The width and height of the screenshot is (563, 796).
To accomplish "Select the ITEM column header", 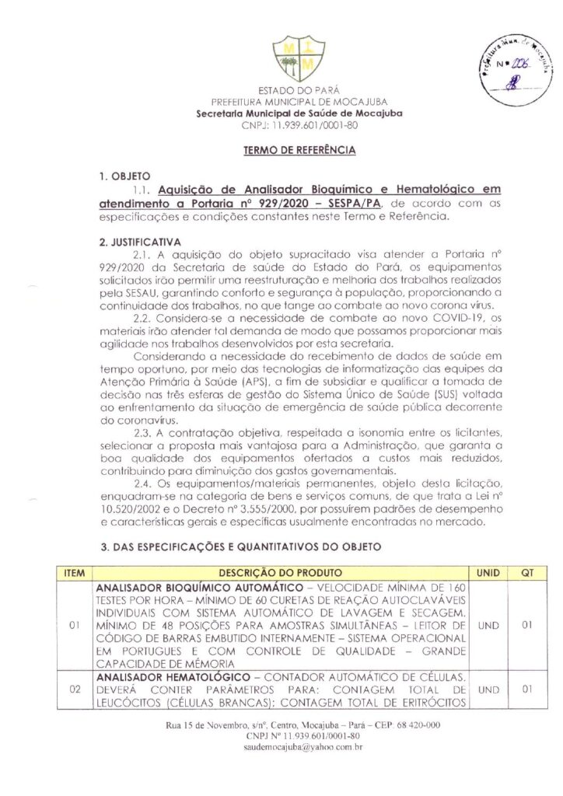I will click(75, 572).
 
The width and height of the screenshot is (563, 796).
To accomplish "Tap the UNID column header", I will click(488, 572).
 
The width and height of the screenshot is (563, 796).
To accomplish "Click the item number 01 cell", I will click(75, 624).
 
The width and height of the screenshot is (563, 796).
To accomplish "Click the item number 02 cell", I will click(75, 690).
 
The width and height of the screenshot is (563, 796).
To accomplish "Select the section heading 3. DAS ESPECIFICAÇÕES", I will click(240, 547).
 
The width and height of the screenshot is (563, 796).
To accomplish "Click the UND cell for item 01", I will click(488, 624).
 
